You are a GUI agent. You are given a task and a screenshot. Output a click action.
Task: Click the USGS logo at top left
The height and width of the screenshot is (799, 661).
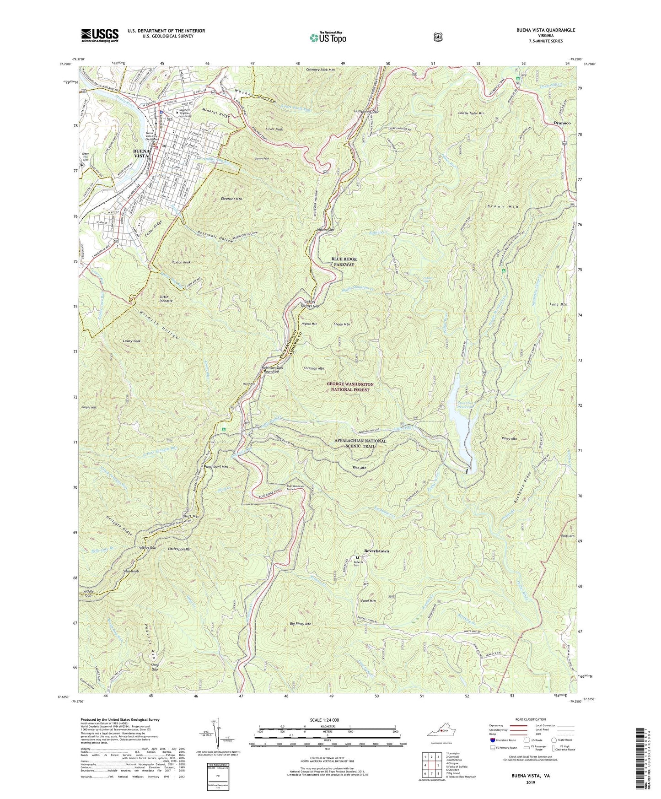point(100,35)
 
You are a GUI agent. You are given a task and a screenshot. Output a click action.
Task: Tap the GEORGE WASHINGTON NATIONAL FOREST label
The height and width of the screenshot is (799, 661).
point(350,387)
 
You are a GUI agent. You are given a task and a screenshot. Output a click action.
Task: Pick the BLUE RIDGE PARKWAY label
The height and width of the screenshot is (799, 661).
point(344,262)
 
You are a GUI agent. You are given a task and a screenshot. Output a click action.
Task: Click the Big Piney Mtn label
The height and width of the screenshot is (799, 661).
point(300,624)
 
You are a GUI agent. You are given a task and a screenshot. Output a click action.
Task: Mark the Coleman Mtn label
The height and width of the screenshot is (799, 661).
point(313,368)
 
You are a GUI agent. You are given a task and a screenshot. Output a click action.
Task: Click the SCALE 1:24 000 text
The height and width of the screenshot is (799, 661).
point(327,720)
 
